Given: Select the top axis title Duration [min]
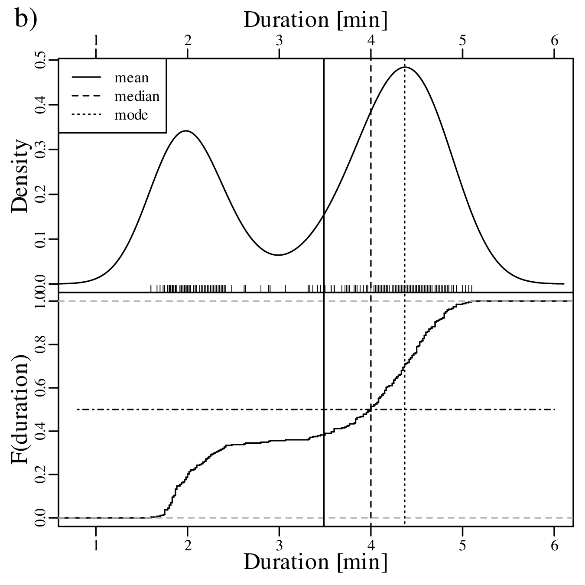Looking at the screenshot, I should coord(315,19).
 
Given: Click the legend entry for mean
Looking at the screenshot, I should coord(131,78).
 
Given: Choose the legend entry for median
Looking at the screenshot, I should coord(136,96).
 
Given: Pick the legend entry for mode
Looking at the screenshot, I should coord(131,115).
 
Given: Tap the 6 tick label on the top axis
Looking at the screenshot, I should coord(554,40).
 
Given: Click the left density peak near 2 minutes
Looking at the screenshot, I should coord(186,130).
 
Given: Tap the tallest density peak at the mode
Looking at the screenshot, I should coord(405,67).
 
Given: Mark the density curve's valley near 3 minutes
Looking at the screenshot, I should coord(279,255).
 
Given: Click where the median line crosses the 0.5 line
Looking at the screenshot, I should coord(371,409).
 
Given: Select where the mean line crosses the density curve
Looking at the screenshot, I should coord(324,215).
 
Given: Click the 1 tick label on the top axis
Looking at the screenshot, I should coord(96,40).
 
